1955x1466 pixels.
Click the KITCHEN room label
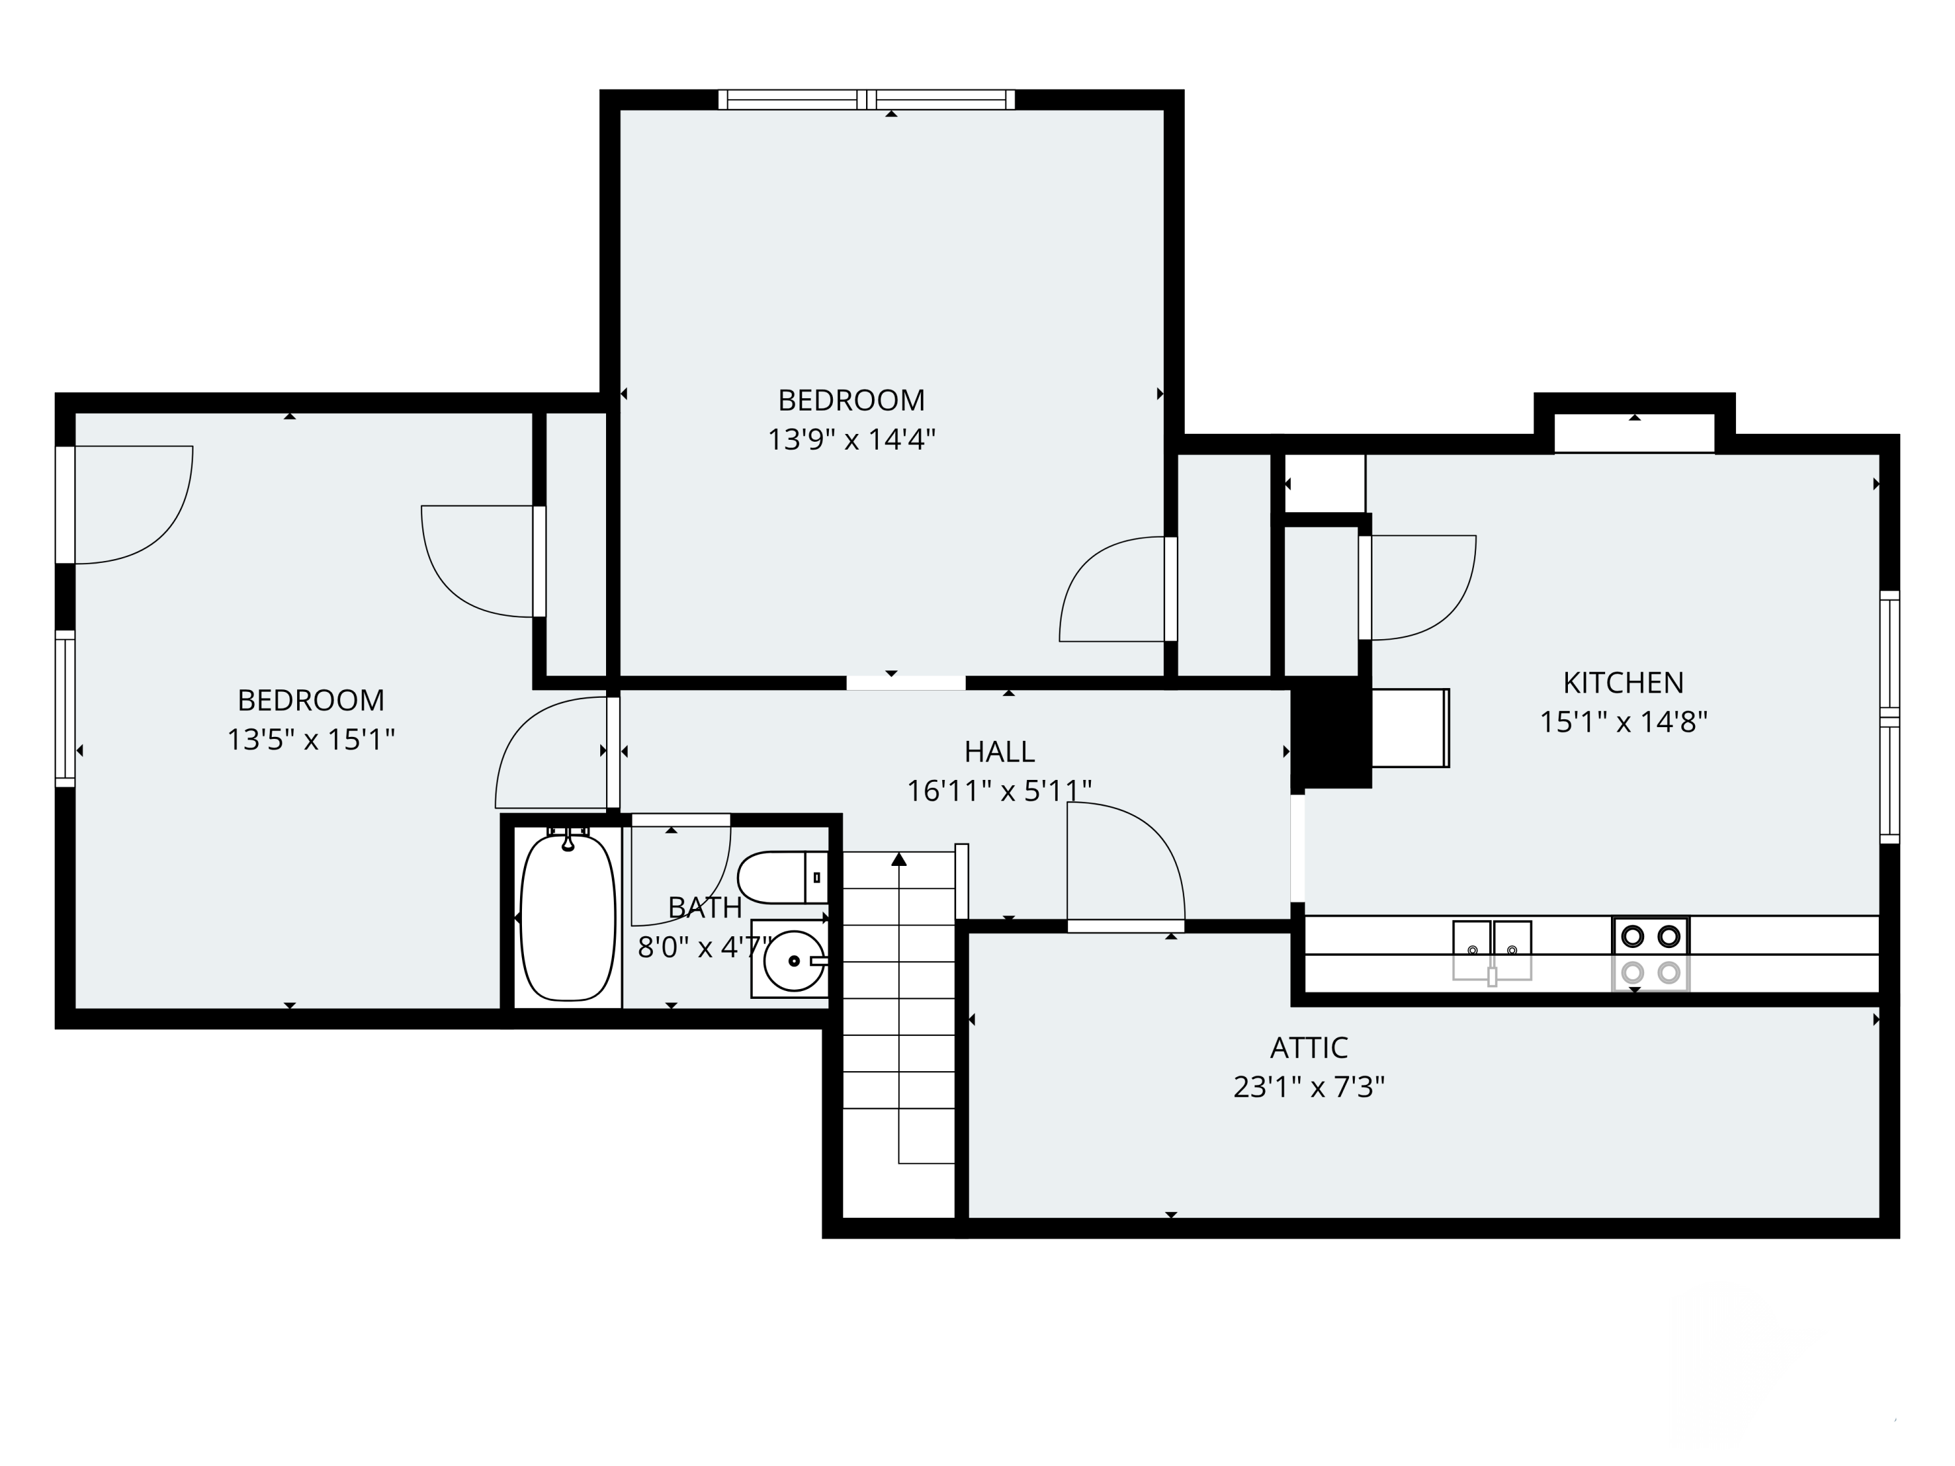tap(1623, 682)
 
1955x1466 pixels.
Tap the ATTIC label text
tap(1308, 1047)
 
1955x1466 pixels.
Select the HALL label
tap(999, 751)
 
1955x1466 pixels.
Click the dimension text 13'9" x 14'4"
tap(851, 439)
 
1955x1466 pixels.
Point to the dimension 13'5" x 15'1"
tap(310, 739)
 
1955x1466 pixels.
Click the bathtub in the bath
tap(568, 918)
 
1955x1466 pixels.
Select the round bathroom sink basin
tap(793, 960)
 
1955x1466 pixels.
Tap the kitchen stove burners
tap(1650, 953)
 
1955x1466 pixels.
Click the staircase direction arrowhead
tap(899, 859)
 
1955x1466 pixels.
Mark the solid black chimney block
tap(1331, 732)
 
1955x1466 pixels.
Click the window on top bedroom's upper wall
tap(866, 100)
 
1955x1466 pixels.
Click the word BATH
tap(704, 908)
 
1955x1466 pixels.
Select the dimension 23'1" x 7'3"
tap(1308, 1086)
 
